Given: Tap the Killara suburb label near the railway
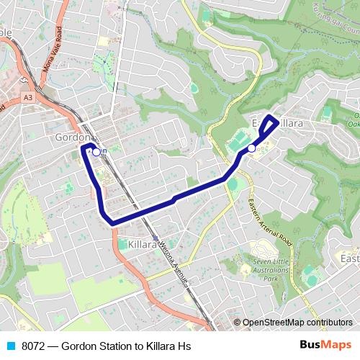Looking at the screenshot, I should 142,245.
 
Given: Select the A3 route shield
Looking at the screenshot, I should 27,96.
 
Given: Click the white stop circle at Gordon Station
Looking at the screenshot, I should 96,152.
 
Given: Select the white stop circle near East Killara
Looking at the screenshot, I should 251,148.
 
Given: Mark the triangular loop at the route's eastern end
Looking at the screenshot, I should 269,125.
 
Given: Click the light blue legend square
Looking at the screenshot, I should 10,346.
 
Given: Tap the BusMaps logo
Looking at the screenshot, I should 325,346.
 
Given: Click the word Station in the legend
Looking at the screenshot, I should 121,346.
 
